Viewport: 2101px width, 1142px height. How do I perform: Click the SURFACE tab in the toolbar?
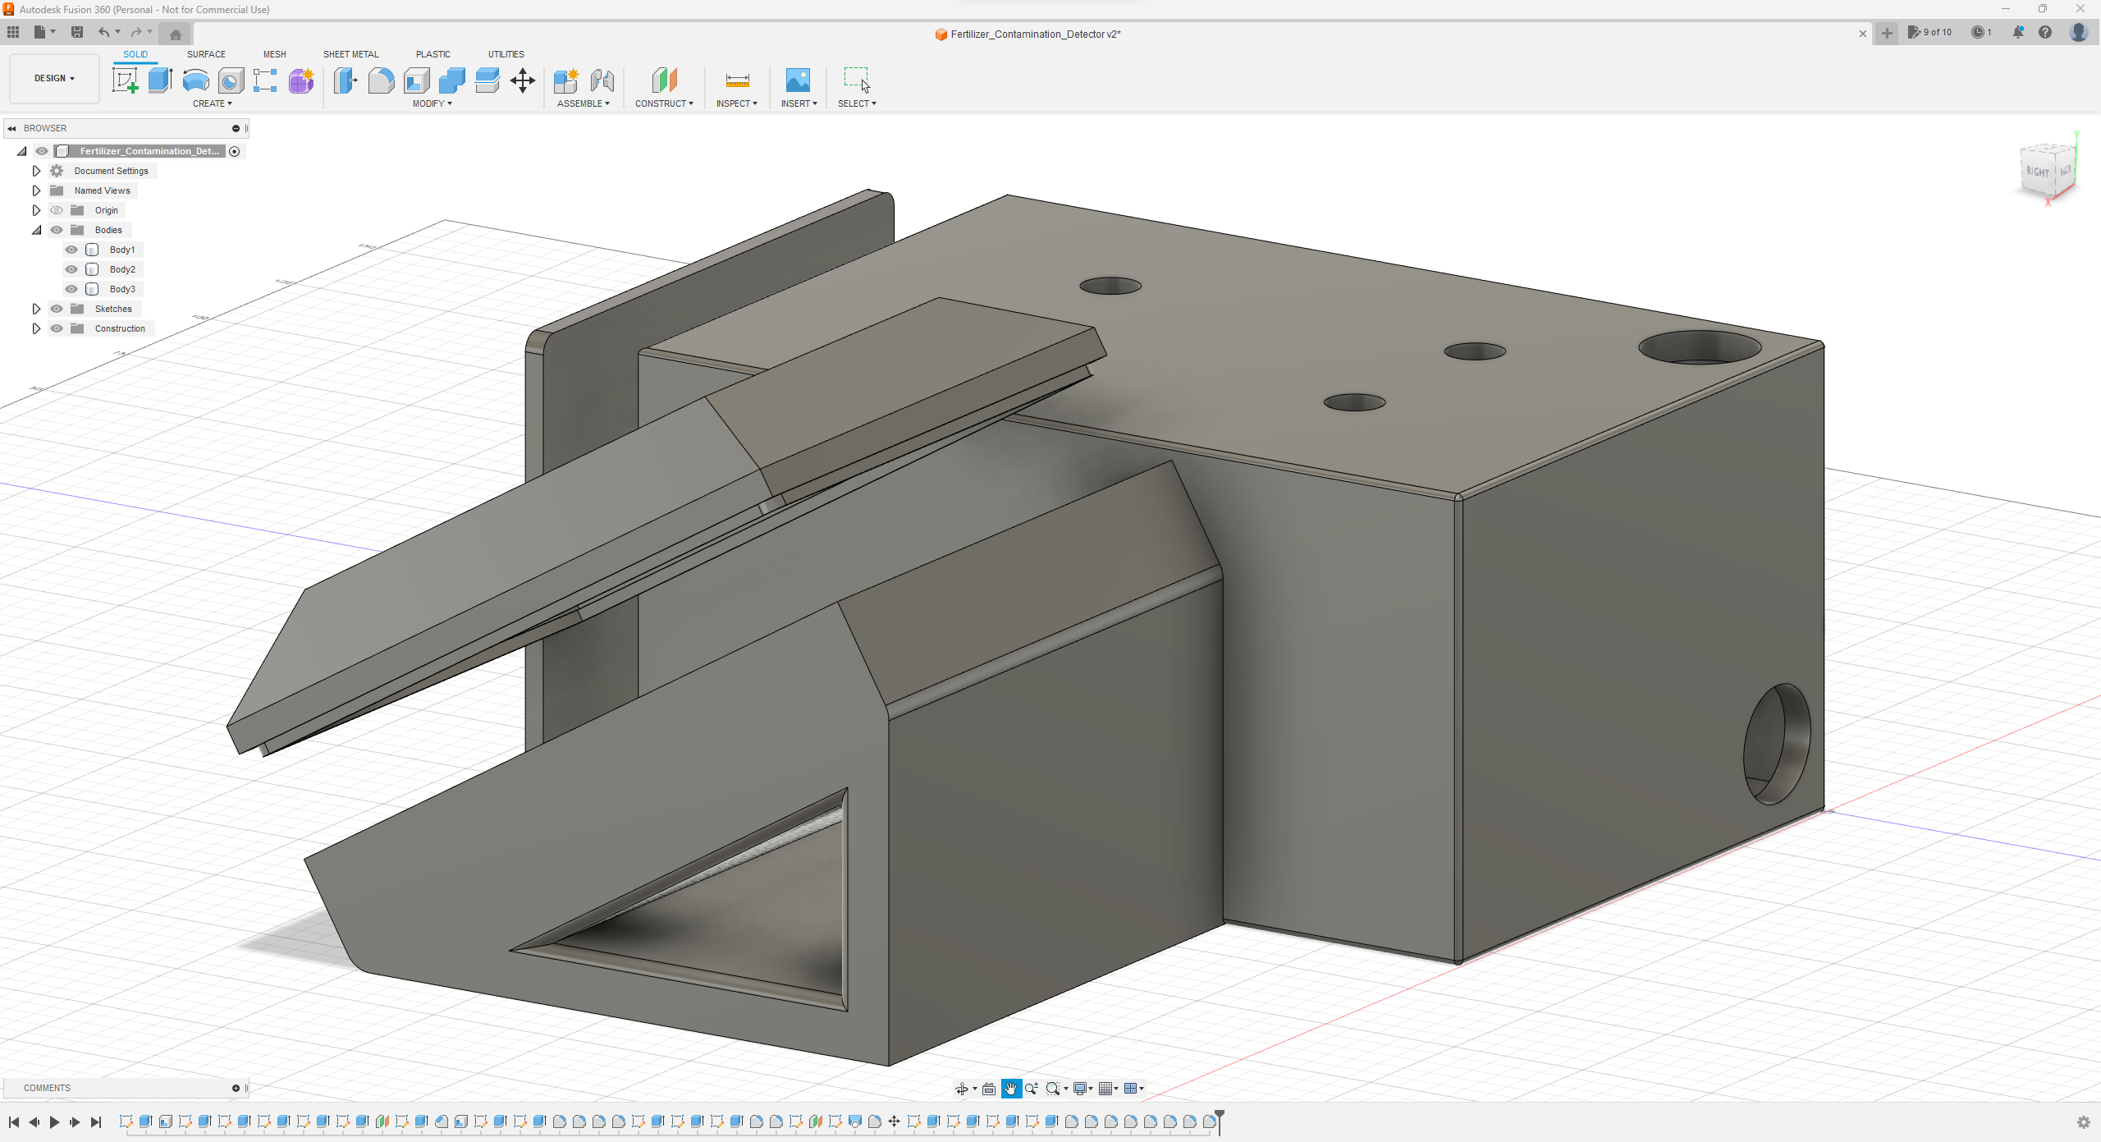(x=206, y=54)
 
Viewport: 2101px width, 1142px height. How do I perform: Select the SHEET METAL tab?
(x=350, y=54)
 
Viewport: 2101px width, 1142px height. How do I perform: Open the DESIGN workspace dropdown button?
(x=54, y=79)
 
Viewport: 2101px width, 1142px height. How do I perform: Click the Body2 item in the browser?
(x=122, y=269)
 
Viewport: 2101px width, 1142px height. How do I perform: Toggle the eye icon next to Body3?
(x=71, y=289)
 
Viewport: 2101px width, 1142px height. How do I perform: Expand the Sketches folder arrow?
(x=36, y=309)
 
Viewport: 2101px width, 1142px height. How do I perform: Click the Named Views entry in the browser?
(x=102, y=190)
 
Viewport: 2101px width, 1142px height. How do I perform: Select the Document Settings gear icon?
(x=57, y=171)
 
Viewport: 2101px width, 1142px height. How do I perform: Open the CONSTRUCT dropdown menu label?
(x=663, y=103)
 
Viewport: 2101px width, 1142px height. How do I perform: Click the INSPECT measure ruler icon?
(x=737, y=80)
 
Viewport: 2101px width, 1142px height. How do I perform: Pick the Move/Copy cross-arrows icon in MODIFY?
(x=523, y=80)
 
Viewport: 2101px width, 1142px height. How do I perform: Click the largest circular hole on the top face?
(x=1700, y=348)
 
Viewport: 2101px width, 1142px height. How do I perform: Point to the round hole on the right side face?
(x=1777, y=744)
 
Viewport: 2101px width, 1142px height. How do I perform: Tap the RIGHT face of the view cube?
(x=2038, y=172)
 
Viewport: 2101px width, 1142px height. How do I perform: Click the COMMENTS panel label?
(x=47, y=1088)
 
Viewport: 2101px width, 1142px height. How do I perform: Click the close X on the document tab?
(x=1862, y=34)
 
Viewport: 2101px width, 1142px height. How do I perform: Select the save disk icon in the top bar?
(x=77, y=32)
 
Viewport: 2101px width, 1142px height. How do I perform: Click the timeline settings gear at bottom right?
(x=2083, y=1122)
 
